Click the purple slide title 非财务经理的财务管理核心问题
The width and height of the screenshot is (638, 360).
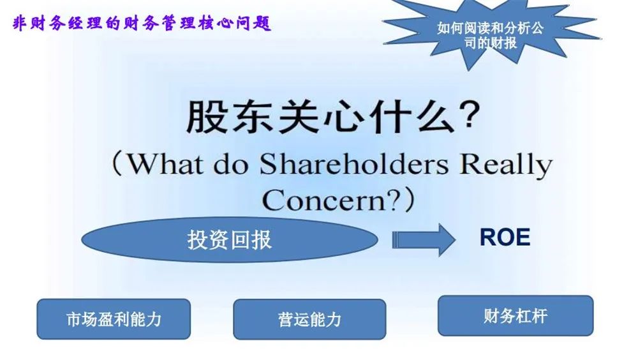click(142, 23)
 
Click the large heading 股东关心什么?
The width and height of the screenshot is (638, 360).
click(334, 117)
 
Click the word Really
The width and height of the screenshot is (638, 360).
click(506, 166)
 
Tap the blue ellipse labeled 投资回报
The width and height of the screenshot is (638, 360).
click(230, 239)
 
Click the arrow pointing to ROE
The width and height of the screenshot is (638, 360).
click(424, 239)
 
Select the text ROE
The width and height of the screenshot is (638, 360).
click(505, 237)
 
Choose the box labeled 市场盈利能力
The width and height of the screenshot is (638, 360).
click(114, 319)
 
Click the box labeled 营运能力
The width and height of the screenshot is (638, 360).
click(309, 319)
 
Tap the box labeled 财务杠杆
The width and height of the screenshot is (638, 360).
click(516, 315)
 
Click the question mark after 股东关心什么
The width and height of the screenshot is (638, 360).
click(471, 116)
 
